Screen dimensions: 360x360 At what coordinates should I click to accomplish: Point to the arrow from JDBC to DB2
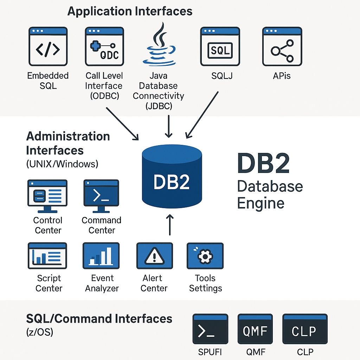(169, 126)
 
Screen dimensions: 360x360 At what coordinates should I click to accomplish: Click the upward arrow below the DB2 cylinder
(170, 225)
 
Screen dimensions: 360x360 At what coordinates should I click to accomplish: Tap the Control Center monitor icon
(47, 196)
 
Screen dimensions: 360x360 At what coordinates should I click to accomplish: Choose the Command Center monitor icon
(101, 196)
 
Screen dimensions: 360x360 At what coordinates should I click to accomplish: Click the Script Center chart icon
(47, 256)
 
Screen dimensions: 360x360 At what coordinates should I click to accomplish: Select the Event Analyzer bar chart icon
(101, 256)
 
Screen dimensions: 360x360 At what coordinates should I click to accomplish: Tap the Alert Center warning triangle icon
(154, 256)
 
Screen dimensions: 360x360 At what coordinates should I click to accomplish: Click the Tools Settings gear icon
(205, 256)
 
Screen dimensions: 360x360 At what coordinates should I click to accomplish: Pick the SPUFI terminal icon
(210, 329)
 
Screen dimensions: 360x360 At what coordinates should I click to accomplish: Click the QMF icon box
(255, 329)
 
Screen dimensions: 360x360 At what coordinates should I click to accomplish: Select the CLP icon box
(304, 329)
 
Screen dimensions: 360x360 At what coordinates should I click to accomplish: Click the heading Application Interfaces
(130, 11)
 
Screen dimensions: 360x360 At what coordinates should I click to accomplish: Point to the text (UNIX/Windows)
(62, 164)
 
